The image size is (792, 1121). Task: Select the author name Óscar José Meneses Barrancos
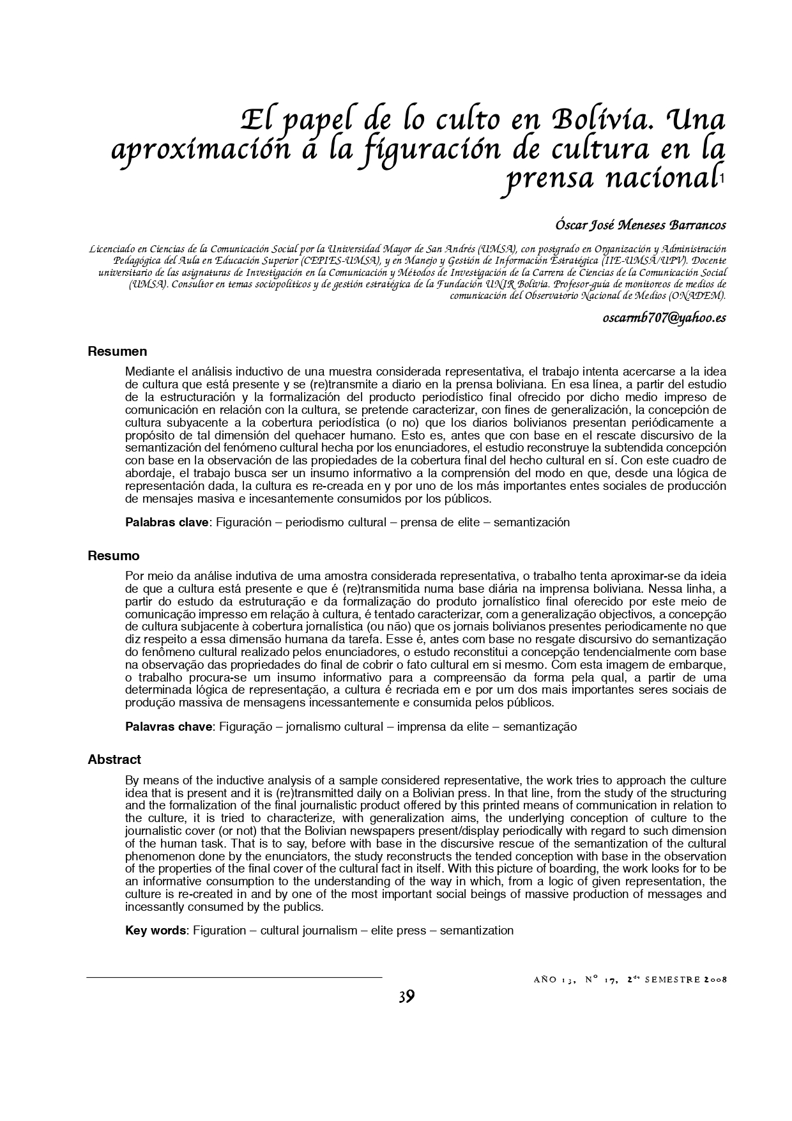[x=641, y=225]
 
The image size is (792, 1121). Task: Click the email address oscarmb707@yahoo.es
[x=664, y=317]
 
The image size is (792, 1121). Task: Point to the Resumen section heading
[x=118, y=351]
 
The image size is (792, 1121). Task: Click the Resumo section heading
[x=113, y=556]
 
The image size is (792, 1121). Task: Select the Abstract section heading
[x=114, y=759]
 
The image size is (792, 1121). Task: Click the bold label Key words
[x=155, y=930]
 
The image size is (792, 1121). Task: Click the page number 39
[x=406, y=996]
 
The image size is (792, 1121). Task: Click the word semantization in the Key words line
[x=476, y=930]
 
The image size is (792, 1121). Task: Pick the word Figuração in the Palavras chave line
[x=247, y=726]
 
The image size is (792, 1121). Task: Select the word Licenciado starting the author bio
[x=114, y=248]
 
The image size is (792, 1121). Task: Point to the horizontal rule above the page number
[x=234, y=977]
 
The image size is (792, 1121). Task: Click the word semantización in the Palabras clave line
[x=531, y=522]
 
